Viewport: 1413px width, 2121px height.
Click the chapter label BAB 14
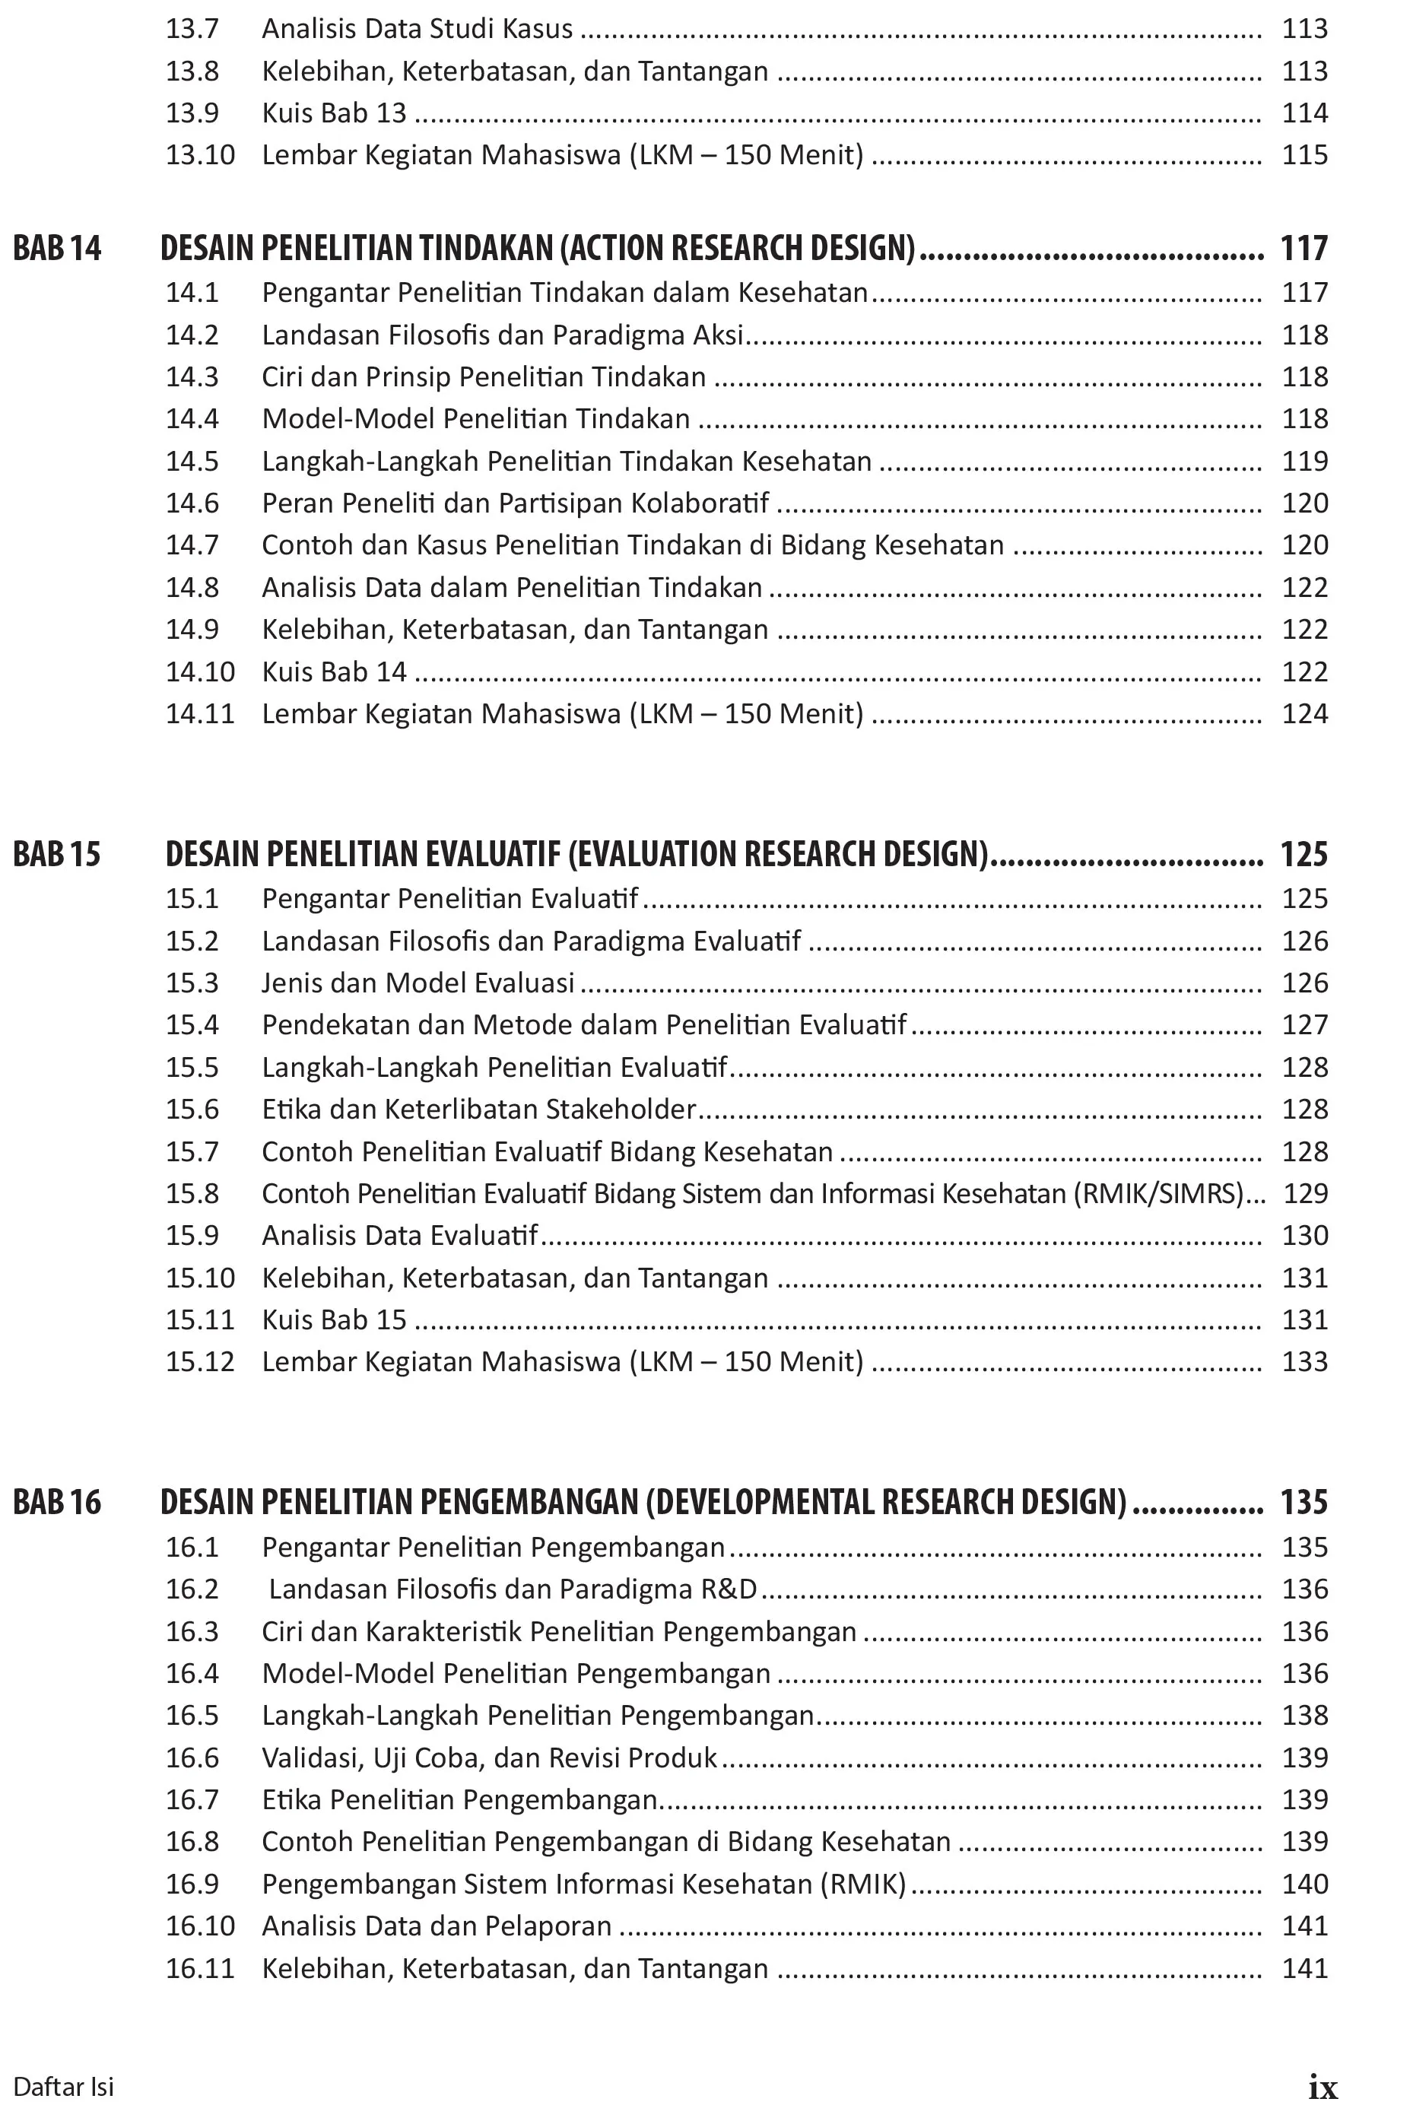pyautogui.click(x=57, y=248)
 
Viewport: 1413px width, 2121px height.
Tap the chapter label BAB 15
pyautogui.click(x=57, y=854)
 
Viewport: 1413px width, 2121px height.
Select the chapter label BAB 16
pyautogui.click(x=57, y=1502)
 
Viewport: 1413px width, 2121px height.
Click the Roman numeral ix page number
pyautogui.click(x=1322, y=2087)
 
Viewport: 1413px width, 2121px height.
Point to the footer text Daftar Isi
pyautogui.click(x=63, y=2087)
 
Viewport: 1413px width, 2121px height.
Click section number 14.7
pyautogui.click(x=192, y=545)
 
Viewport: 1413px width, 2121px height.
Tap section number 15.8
pyautogui.click(x=192, y=1194)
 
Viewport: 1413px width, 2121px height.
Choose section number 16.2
pyautogui.click(x=192, y=1589)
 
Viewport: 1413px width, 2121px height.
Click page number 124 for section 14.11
pyautogui.click(x=1305, y=713)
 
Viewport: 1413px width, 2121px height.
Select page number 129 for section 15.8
pyautogui.click(x=1305, y=1194)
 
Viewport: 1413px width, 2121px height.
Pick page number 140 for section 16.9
pyautogui.click(x=1305, y=1884)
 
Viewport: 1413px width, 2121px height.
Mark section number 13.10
pyautogui.click(x=200, y=155)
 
